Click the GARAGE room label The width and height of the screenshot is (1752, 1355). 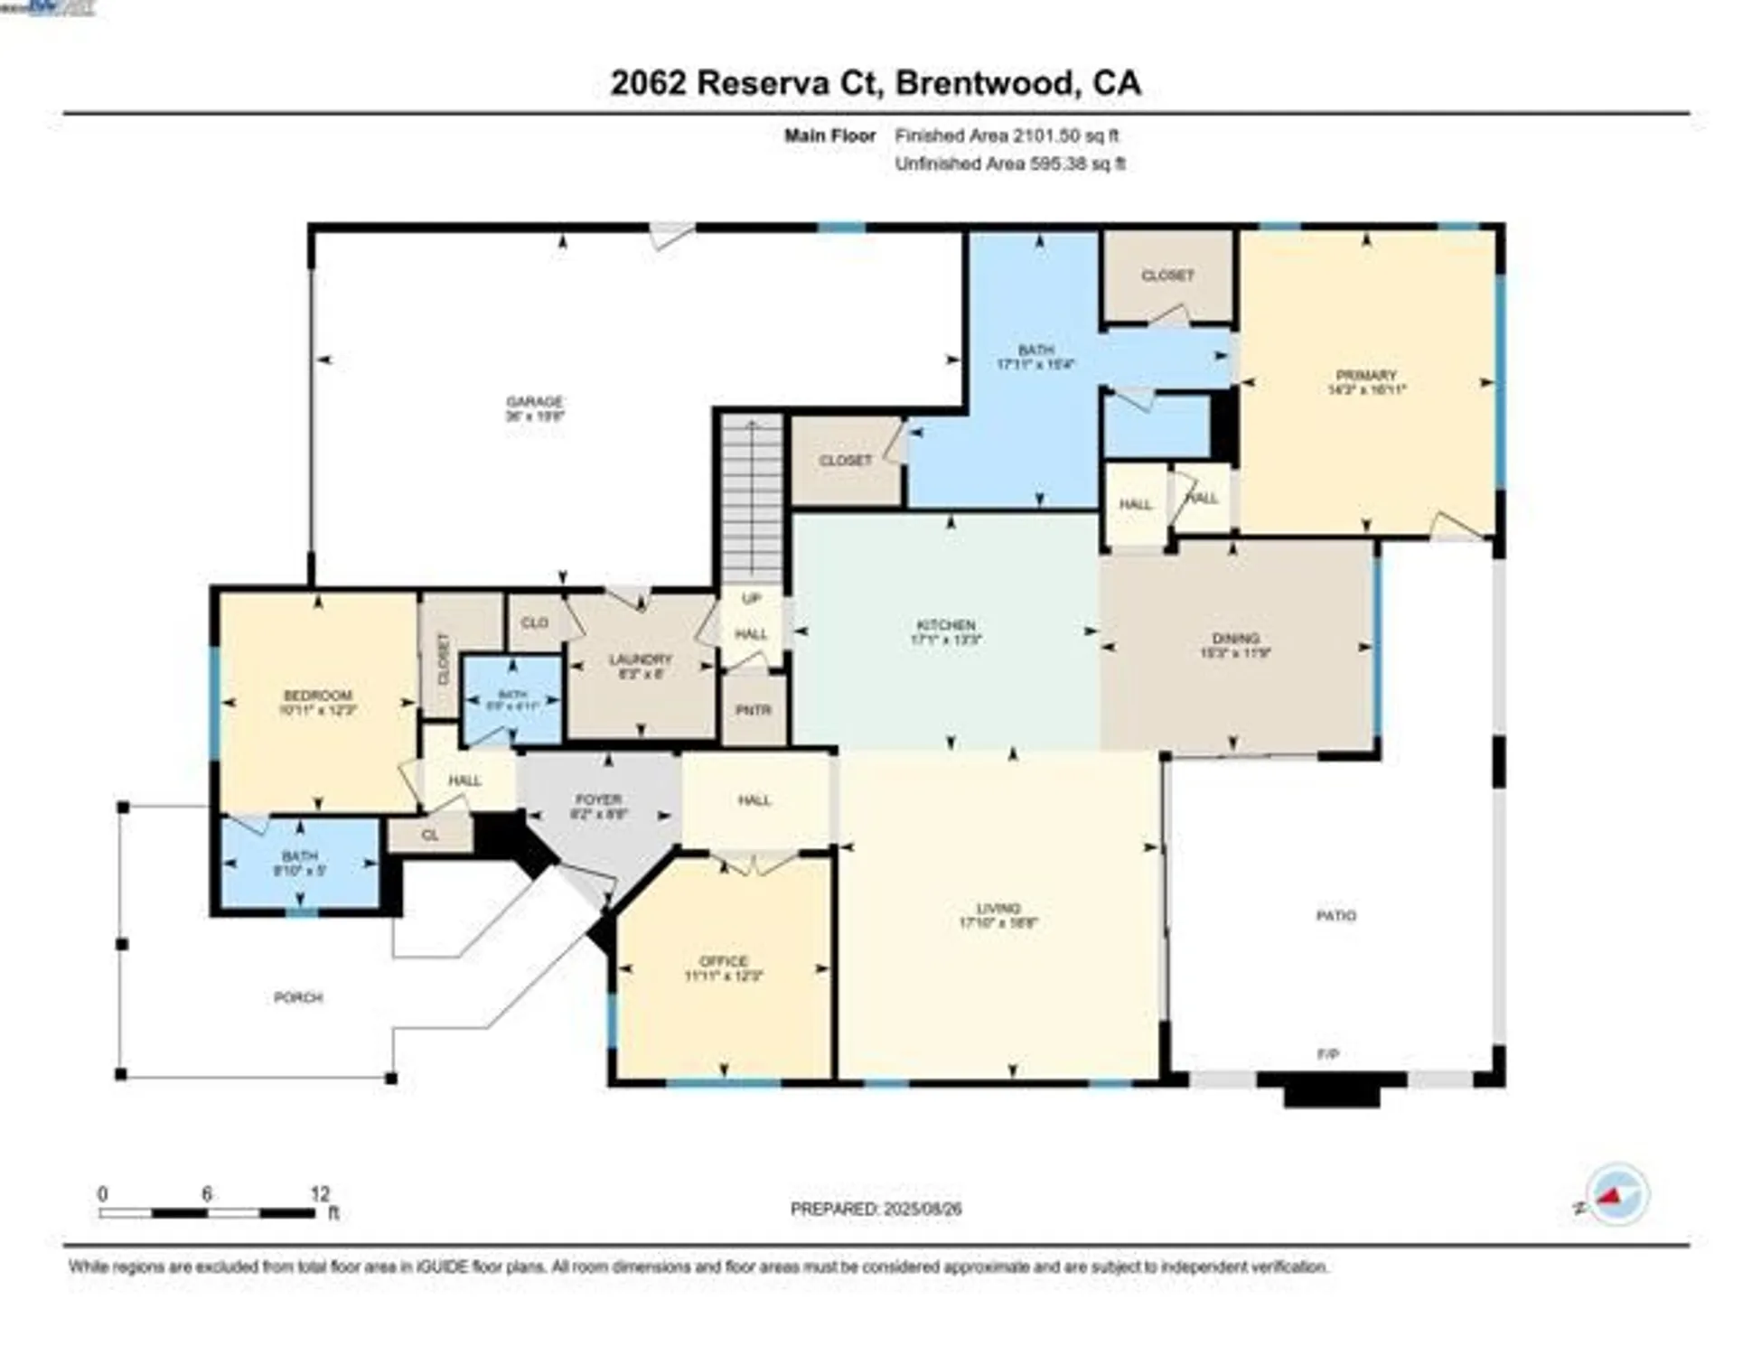[x=534, y=401]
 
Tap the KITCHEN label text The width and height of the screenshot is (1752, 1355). [x=945, y=624]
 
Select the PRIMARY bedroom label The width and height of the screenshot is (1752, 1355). [x=1366, y=375]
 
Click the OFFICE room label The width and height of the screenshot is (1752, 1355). [x=723, y=961]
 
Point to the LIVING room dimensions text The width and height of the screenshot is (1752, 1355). [x=998, y=923]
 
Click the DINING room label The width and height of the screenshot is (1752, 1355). [x=1235, y=638]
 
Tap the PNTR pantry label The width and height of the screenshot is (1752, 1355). [x=753, y=710]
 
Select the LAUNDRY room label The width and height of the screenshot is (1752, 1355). [x=640, y=659]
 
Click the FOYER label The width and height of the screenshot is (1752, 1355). [x=598, y=799]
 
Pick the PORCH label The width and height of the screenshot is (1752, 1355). [x=298, y=997]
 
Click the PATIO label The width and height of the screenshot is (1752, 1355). [x=1335, y=915]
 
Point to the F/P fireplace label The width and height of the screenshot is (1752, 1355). [x=1327, y=1053]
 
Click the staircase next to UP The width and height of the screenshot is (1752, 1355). [x=752, y=497]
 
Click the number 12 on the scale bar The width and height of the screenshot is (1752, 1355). [x=319, y=1193]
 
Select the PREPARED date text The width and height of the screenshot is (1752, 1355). [x=875, y=1209]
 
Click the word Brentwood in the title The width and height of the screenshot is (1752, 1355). [x=985, y=83]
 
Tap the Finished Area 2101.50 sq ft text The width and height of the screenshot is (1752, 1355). [x=1006, y=135]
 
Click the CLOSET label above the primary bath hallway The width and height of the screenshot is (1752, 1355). [x=1166, y=275]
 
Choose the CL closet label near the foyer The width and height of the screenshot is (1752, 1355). [x=429, y=835]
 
